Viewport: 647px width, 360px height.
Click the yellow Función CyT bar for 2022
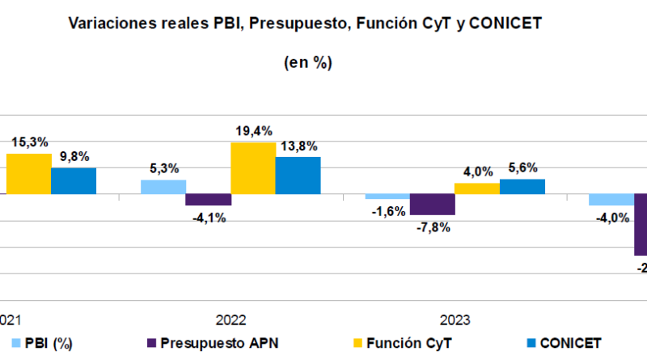tap(253, 168)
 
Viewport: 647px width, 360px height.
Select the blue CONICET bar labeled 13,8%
tap(298, 176)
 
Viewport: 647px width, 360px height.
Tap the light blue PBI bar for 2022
tap(163, 187)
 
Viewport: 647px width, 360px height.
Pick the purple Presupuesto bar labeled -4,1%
tap(209, 200)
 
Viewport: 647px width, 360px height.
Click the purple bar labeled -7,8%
tap(432, 205)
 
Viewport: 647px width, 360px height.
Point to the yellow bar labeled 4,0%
tap(477, 188)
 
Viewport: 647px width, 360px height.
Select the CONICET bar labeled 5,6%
tap(522, 187)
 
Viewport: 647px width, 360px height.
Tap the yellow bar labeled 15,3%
tap(28, 174)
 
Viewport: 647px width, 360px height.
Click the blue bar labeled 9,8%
tap(74, 181)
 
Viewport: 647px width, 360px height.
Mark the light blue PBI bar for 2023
tap(387, 197)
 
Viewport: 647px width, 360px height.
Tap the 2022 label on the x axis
tap(230, 320)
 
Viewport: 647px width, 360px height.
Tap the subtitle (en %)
tap(307, 62)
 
